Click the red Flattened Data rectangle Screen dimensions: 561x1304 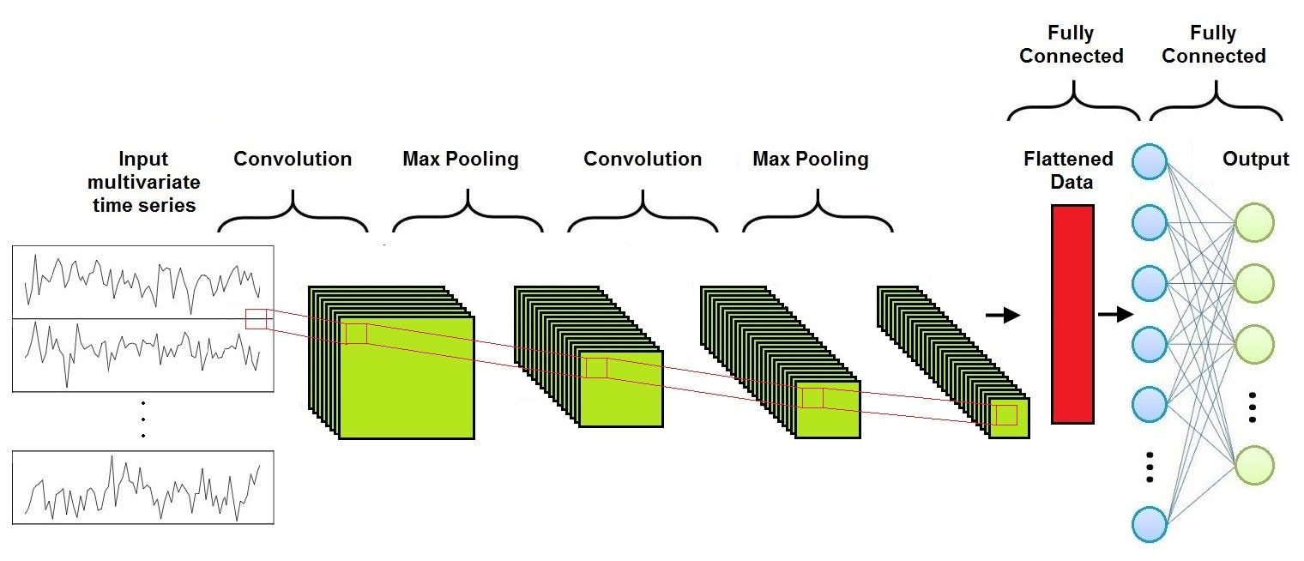pyautogui.click(x=1072, y=314)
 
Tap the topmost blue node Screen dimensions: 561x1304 pyautogui.click(x=1150, y=160)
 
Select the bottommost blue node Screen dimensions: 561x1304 pyautogui.click(x=1150, y=523)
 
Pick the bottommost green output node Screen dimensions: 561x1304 pyautogui.click(x=1254, y=464)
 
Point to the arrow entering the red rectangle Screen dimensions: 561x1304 pyautogui.click(x=1003, y=316)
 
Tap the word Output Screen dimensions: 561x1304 pyautogui.click(x=1255, y=160)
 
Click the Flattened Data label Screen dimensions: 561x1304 pyautogui.click(x=1068, y=169)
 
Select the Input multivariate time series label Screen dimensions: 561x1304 pyautogui.click(x=143, y=182)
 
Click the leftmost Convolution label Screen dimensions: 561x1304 pyautogui.click(x=293, y=160)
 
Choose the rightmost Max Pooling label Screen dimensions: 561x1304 pyautogui.click(x=810, y=160)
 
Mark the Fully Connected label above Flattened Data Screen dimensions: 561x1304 pyautogui.click(x=1072, y=45)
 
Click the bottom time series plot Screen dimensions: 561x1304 pyautogui.click(x=143, y=487)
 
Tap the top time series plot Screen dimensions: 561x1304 pyautogui.click(x=143, y=282)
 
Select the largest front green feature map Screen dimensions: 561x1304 pyautogui.click(x=407, y=377)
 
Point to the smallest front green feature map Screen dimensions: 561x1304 pyautogui.click(x=1008, y=418)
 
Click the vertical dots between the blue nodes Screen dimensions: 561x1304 pyautogui.click(x=1150, y=466)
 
